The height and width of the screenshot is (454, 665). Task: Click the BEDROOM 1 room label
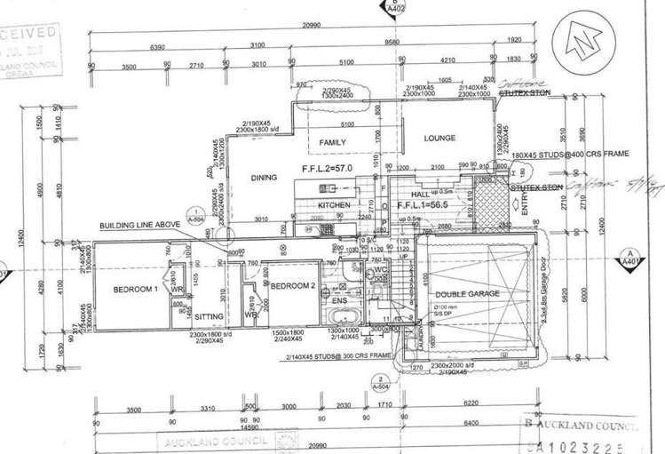[x=135, y=290]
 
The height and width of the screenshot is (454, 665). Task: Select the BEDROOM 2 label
[x=292, y=285]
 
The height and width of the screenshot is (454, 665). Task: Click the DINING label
[x=264, y=178]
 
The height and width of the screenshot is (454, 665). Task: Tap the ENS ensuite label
[x=339, y=300]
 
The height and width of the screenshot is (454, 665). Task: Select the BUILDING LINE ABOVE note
[x=137, y=226]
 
